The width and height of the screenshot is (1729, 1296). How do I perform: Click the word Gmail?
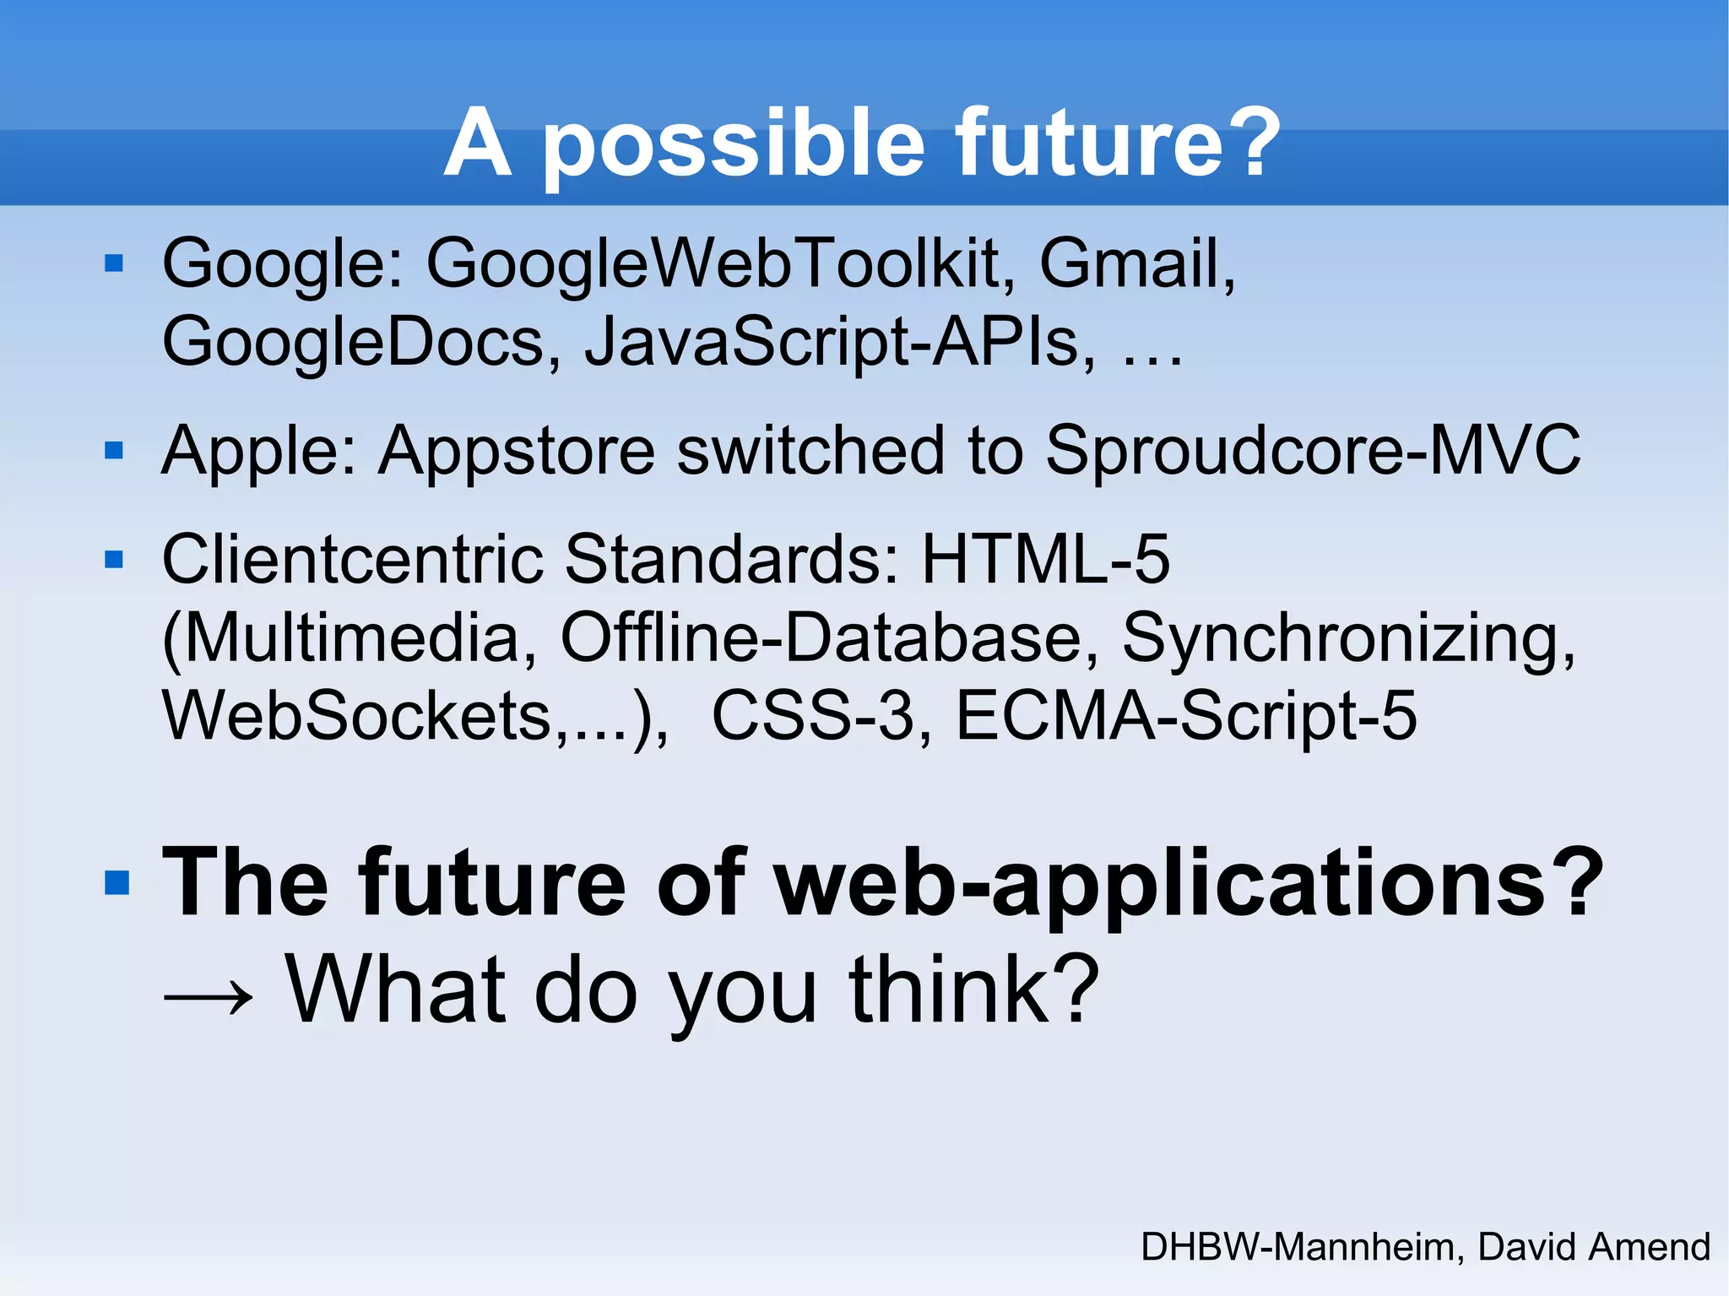(x=1136, y=263)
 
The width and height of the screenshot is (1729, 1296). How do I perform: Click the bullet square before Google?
(x=114, y=264)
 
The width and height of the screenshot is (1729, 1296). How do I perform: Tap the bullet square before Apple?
(x=114, y=450)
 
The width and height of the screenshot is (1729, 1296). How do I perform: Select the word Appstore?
(x=516, y=452)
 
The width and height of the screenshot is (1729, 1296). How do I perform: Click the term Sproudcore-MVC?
(x=1312, y=450)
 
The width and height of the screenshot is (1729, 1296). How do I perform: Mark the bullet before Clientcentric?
(x=114, y=559)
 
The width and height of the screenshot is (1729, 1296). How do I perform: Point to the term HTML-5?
(x=1045, y=559)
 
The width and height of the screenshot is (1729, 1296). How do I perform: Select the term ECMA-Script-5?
(x=1185, y=716)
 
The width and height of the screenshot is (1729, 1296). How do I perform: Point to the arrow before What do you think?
(x=208, y=995)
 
